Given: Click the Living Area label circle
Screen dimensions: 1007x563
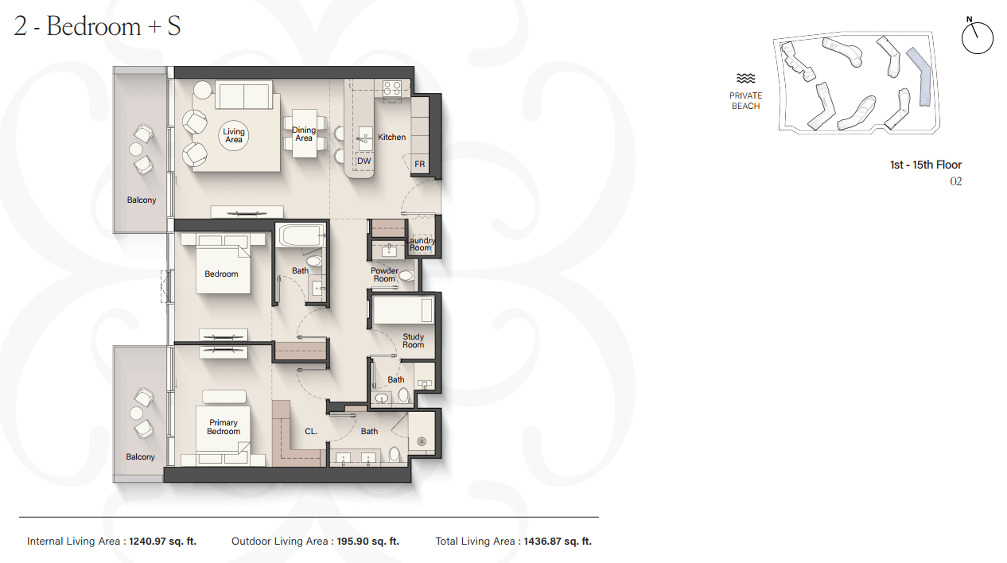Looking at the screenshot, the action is (234, 135).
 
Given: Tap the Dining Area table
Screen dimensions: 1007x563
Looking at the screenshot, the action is (305, 134).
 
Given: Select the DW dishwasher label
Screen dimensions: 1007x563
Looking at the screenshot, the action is (364, 161).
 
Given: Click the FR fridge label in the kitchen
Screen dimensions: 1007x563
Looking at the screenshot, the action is (419, 164).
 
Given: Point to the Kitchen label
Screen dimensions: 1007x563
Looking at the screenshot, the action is (391, 137).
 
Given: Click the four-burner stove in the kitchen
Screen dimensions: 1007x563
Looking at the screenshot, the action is (392, 88).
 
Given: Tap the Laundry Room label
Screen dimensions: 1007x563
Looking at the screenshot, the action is (421, 244).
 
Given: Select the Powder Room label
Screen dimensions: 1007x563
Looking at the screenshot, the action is (384, 274).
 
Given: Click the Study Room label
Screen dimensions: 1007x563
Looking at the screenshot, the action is (413, 340).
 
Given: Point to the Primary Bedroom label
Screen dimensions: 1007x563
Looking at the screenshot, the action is (224, 427).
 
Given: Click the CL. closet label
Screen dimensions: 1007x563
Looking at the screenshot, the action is (311, 431).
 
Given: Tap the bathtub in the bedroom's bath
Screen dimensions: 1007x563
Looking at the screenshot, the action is (301, 235).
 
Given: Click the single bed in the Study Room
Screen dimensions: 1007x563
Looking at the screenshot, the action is (403, 309).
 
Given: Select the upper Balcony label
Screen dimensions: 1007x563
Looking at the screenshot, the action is (141, 200).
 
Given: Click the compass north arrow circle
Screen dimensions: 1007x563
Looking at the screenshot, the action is (978, 38).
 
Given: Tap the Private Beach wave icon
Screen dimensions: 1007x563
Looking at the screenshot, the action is (746, 79).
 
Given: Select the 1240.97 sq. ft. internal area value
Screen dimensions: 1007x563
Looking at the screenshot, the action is (163, 541).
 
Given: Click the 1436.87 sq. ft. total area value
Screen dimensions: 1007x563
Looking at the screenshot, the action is (558, 541).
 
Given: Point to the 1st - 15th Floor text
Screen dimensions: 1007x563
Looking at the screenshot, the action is (926, 165).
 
